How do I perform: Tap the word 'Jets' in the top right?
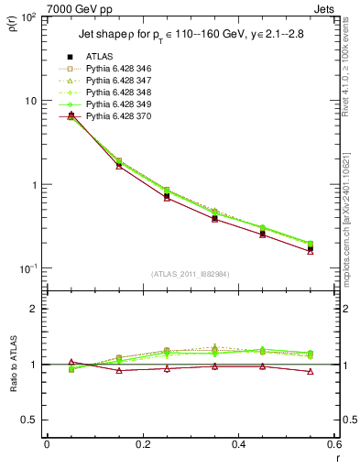coord(325,10)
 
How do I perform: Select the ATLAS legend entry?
coord(102,56)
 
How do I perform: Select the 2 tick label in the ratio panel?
coord(34,309)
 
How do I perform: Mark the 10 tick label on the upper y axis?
coord(29,101)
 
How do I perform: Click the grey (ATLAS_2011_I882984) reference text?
coord(191,274)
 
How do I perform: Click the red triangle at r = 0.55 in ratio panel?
coord(311,372)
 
